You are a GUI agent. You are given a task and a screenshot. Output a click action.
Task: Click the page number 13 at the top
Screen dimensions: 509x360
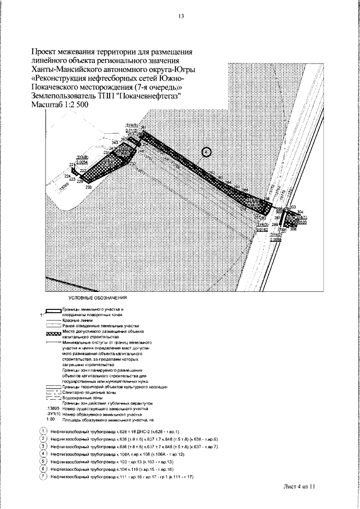[181, 16]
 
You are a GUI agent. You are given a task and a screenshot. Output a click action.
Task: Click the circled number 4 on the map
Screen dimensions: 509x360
[206, 151]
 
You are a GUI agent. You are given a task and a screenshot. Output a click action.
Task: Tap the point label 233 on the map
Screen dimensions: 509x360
[88, 187]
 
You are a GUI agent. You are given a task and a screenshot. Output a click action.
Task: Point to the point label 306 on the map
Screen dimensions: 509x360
[293, 229]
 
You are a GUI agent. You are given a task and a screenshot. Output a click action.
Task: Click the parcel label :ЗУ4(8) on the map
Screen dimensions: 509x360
[82, 157]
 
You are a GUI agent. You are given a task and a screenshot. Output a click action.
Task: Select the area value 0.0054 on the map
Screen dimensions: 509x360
[82, 162]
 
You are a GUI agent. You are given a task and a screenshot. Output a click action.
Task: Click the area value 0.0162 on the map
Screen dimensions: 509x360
[262, 229]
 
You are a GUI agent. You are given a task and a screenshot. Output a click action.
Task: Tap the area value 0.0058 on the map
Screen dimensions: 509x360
[275, 240]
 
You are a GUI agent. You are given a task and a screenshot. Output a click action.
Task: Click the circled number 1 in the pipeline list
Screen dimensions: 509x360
[43, 431]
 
